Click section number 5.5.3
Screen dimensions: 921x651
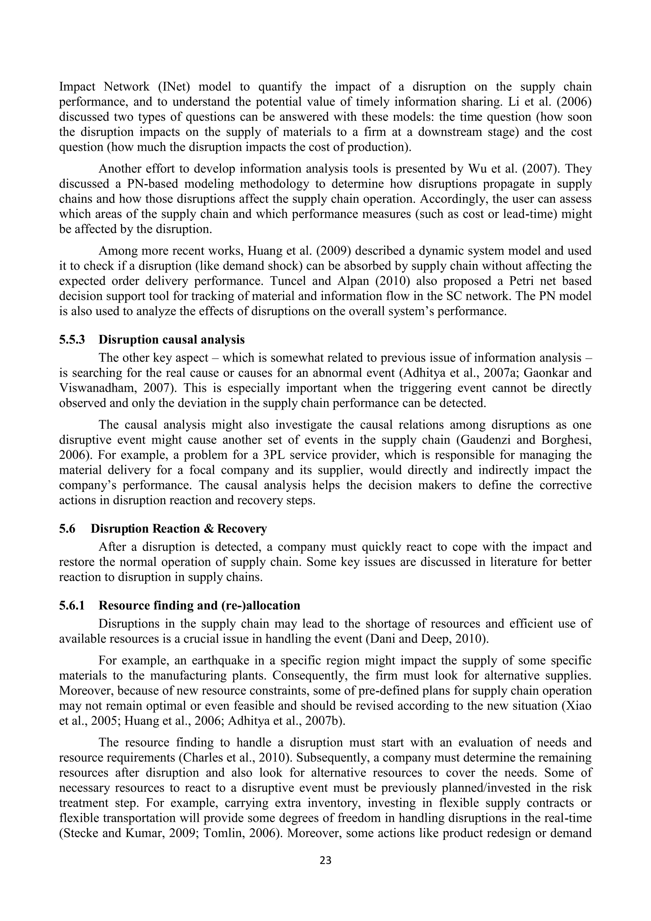coord(72,340)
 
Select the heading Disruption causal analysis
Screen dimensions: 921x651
coord(172,340)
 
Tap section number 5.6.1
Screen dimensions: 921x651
coord(72,605)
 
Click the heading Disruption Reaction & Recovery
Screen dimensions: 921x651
coord(178,529)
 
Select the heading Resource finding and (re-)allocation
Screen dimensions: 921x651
coord(199,605)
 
